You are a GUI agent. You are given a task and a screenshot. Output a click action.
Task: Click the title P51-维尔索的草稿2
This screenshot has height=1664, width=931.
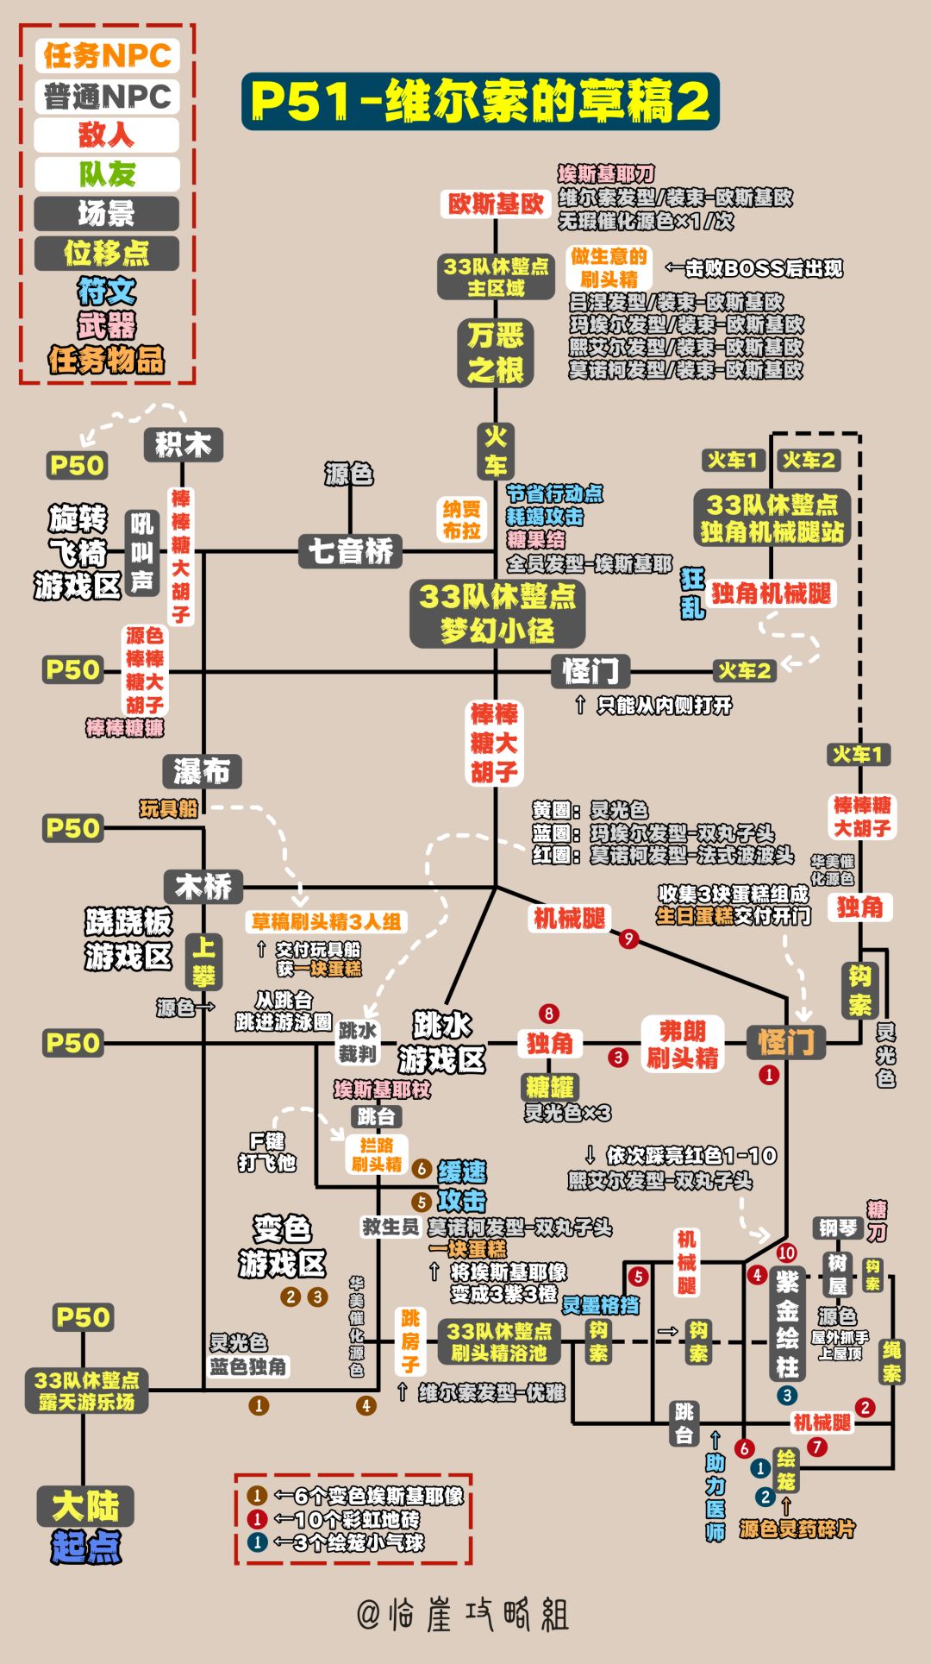coord(480,102)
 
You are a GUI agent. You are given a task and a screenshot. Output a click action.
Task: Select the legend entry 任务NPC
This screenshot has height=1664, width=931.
coord(107,56)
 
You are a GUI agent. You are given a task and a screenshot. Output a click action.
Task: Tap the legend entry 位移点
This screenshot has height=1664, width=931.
coord(107,253)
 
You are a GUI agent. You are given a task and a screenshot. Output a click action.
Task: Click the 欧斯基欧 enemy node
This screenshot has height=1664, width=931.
coord(495,204)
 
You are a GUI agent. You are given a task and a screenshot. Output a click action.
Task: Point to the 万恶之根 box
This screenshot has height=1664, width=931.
coord(496,353)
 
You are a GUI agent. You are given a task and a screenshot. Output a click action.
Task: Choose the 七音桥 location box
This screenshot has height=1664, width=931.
coord(350,550)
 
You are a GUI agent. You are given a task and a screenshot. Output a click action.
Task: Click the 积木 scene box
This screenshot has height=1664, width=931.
coord(183,445)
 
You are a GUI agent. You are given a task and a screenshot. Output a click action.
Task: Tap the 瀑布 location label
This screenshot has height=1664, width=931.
coord(202,770)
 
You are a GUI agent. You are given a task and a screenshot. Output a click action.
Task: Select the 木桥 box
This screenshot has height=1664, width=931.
coord(203,886)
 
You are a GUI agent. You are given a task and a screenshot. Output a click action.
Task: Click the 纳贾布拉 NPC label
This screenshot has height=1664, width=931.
coord(461,520)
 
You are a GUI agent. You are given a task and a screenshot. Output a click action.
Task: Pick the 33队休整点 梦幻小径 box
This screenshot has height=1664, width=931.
coord(497,613)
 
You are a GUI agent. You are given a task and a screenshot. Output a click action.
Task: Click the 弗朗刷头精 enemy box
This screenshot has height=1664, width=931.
coord(682,1044)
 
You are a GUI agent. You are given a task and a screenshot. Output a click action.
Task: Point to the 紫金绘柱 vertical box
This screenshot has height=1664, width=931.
coord(787,1323)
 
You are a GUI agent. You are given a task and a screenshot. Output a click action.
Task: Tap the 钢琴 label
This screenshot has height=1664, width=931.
coord(837,1228)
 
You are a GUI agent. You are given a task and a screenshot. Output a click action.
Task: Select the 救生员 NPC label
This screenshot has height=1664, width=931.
coord(390,1227)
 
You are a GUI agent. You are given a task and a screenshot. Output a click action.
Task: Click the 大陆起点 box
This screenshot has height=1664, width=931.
coord(84,1525)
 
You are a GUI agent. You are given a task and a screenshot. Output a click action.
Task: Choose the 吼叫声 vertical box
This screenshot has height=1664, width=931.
coord(142,552)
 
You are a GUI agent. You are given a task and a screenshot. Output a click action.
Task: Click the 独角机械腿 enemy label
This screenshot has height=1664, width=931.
coord(771,593)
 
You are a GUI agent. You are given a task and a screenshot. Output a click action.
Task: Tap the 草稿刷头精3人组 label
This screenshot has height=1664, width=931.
coord(326,921)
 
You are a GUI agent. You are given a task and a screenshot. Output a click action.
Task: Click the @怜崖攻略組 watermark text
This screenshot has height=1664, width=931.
coord(464,1613)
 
